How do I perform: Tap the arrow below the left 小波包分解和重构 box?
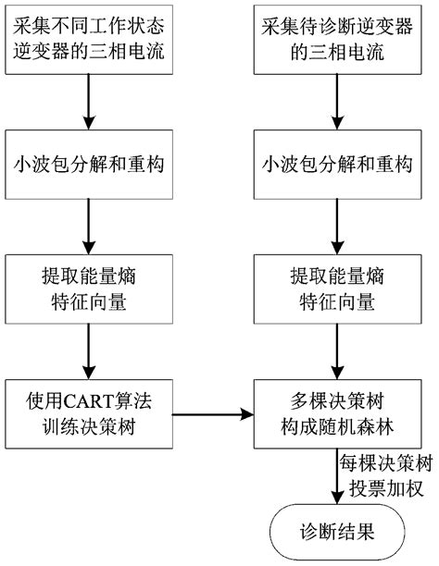tap(88, 222)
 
